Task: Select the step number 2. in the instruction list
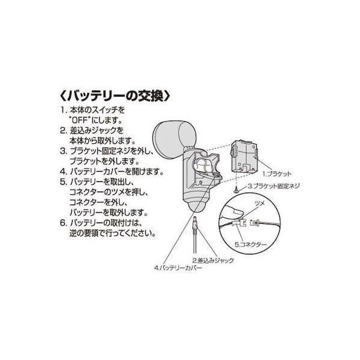tap(62, 130)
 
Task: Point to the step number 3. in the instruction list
tap(62, 150)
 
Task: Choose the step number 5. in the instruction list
tap(62, 181)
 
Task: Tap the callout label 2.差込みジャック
tap(213, 260)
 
